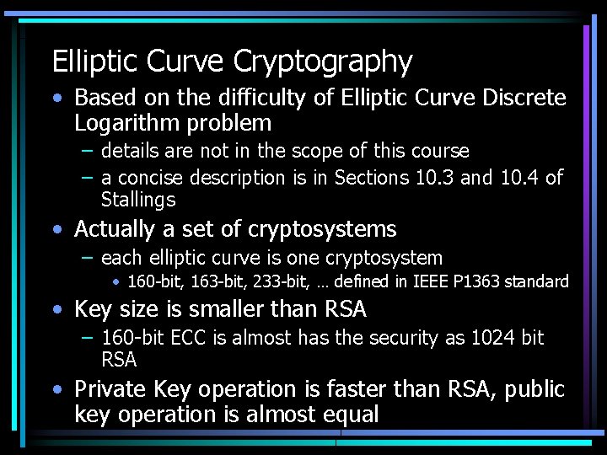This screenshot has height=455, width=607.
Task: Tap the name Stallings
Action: (138, 201)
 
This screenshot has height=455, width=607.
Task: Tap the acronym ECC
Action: (182, 339)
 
